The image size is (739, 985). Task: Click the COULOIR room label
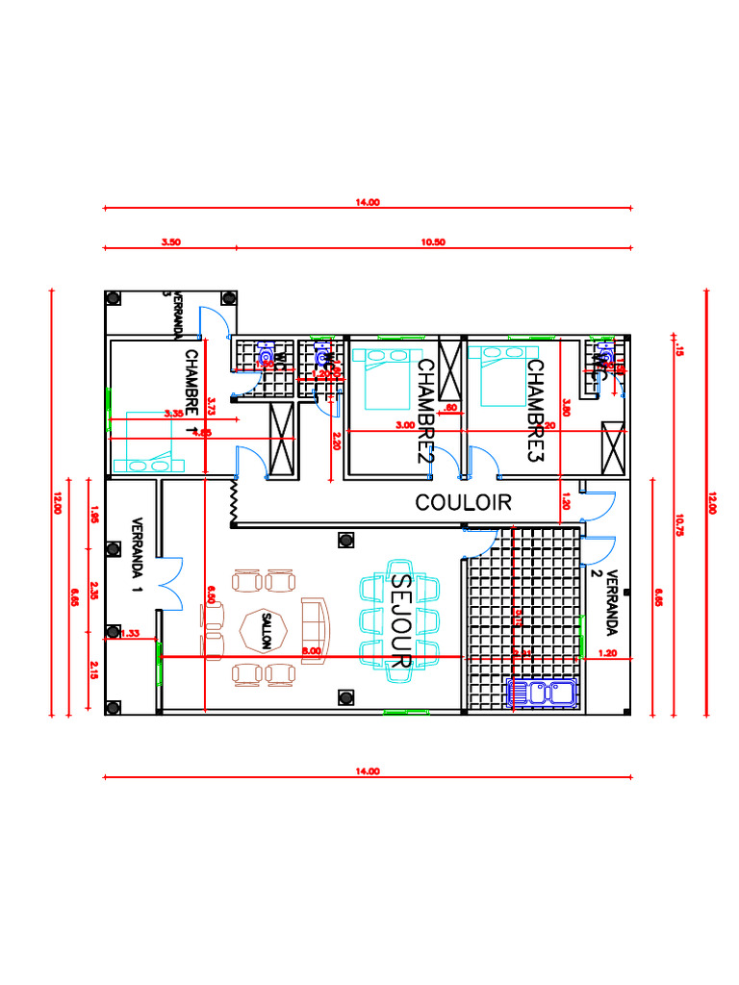[463, 502]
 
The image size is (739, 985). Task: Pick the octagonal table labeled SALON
[259, 631]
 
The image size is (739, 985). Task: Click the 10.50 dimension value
[433, 242]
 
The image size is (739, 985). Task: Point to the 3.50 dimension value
[170, 242]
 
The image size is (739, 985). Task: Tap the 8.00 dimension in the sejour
[312, 651]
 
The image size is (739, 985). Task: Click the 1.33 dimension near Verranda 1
[132, 633]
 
